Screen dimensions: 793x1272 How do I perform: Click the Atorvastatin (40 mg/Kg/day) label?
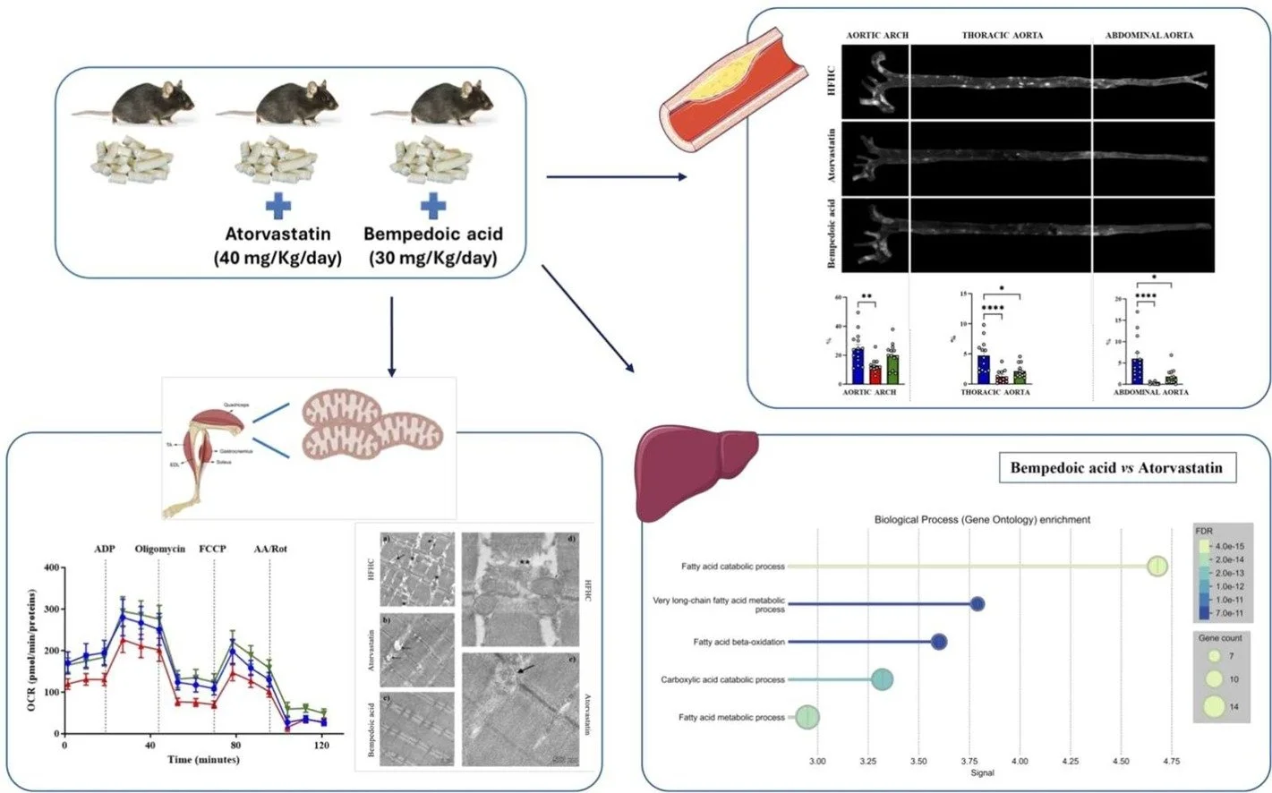pos(277,246)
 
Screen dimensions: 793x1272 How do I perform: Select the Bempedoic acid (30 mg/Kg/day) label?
pos(433,246)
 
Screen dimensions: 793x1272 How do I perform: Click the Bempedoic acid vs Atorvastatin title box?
pos(1115,467)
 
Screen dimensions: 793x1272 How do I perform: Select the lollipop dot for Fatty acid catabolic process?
pos(1157,567)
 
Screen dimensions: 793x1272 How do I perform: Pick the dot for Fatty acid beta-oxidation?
pos(938,642)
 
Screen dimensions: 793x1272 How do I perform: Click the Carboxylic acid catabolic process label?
pos(722,679)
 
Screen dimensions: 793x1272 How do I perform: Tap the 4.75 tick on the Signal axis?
pos(1170,762)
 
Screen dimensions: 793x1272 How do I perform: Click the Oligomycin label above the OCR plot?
pos(160,549)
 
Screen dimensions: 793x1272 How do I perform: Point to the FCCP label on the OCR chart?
pos(212,549)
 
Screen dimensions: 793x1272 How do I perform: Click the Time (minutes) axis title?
pos(203,759)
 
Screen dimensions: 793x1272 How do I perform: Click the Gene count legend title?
pos(1220,638)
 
